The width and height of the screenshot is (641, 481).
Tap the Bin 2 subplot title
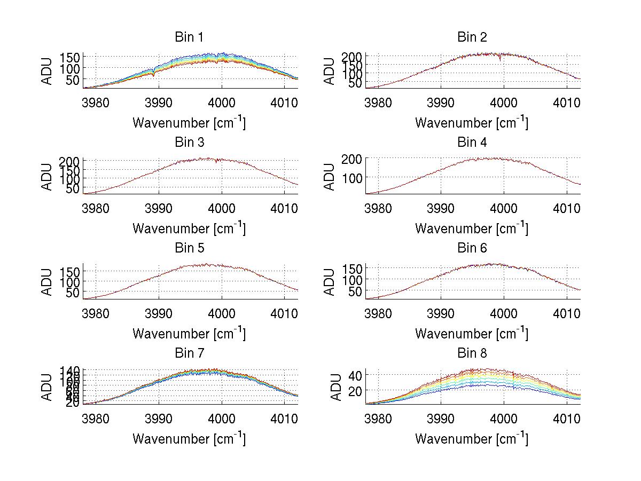(x=472, y=37)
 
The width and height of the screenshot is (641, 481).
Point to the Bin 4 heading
(x=472, y=143)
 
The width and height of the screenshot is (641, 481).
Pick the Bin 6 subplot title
(x=472, y=248)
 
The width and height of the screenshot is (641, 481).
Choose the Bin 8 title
(x=472, y=353)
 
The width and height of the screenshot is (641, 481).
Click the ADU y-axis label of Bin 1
(x=48, y=70)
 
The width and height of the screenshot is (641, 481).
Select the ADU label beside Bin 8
(x=330, y=387)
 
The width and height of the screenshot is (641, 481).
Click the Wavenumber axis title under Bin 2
(x=472, y=123)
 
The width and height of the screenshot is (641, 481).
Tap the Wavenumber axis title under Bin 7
(x=189, y=439)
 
